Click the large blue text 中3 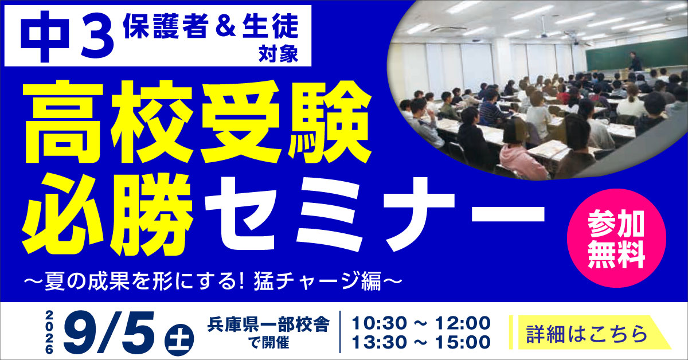(x=67, y=36)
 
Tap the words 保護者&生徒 (x=211, y=26)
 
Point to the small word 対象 (x=278, y=54)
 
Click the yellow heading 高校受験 (x=197, y=122)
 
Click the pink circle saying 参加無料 (x=616, y=238)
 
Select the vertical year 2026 (x=49, y=332)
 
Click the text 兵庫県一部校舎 (x=268, y=324)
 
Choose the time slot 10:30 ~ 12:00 (x=421, y=323)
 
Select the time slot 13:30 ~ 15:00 (x=421, y=342)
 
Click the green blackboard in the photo (x=633, y=55)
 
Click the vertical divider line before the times (x=341, y=332)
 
